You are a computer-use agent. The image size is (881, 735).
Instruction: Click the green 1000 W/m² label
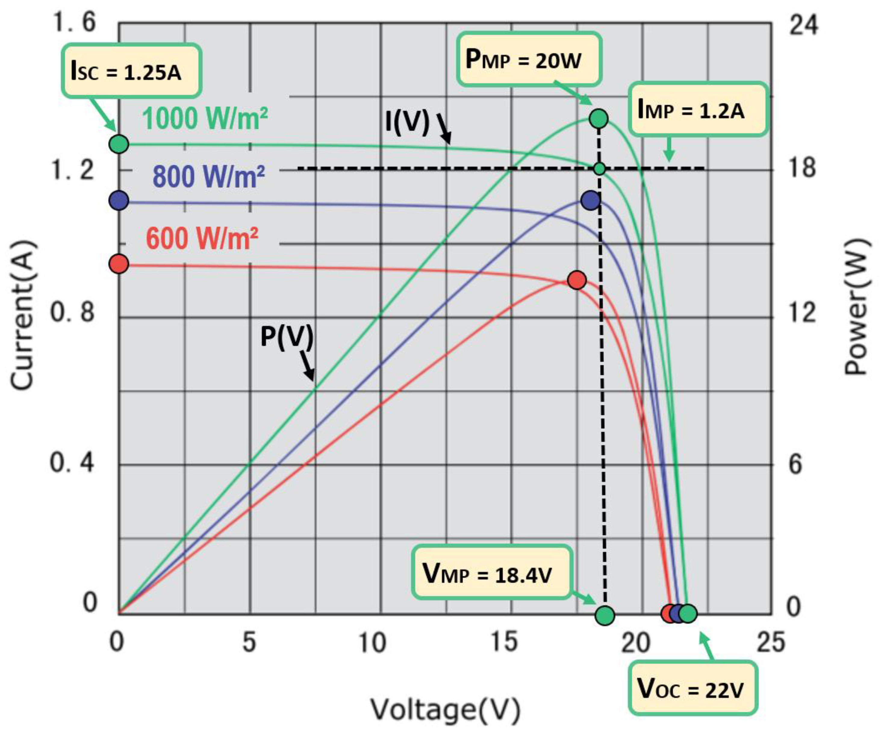(x=205, y=118)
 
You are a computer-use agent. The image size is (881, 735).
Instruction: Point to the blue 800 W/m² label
(x=208, y=176)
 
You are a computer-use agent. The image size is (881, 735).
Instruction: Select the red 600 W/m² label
(x=202, y=238)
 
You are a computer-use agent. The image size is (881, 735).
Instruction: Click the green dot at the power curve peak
(x=599, y=118)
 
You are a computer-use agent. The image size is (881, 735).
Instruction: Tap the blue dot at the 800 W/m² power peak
(x=591, y=201)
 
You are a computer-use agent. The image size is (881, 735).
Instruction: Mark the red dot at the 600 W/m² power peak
(x=577, y=280)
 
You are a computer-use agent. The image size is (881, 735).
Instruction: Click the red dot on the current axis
(x=119, y=264)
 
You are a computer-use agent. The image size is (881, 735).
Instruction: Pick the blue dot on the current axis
(x=119, y=201)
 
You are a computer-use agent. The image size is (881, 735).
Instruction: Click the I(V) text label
(x=407, y=123)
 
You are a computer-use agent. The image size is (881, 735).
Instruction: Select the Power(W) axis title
(x=856, y=306)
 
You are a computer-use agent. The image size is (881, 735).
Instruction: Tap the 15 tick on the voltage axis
(x=503, y=642)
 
